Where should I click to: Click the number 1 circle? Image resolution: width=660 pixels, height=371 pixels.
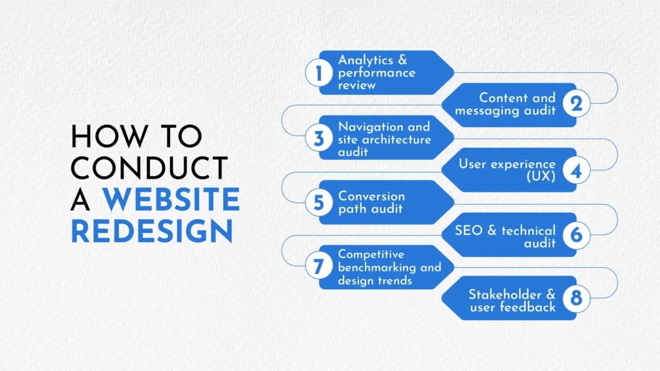click(x=318, y=73)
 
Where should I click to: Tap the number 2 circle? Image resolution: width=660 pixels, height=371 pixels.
click(x=576, y=103)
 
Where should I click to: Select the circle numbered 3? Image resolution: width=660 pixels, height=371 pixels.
click(x=318, y=138)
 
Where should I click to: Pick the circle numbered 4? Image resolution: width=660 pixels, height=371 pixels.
click(x=576, y=170)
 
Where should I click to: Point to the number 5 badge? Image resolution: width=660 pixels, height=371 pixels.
click(x=318, y=203)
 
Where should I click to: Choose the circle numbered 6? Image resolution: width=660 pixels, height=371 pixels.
click(x=576, y=235)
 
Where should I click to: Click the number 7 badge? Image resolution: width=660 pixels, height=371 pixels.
click(x=318, y=266)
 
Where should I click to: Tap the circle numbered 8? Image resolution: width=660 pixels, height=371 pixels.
click(x=576, y=298)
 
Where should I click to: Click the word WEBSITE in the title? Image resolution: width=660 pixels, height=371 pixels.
click(x=171, y=199)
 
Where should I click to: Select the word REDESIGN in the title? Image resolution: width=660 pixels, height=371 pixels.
click(x=152, y=231)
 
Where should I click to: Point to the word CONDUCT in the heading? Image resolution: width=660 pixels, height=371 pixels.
click(x=150, y=168)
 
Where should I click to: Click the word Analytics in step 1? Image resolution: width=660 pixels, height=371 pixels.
click(x=365, y=61)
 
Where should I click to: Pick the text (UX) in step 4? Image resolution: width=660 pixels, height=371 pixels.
click(x=541, y=176)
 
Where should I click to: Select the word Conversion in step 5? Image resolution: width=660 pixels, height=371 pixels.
click(x=372, y=196)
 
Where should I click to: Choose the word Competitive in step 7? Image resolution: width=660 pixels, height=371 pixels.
click(x=371, y=255)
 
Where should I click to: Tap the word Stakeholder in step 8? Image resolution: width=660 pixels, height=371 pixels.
click(x=505, y=294)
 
